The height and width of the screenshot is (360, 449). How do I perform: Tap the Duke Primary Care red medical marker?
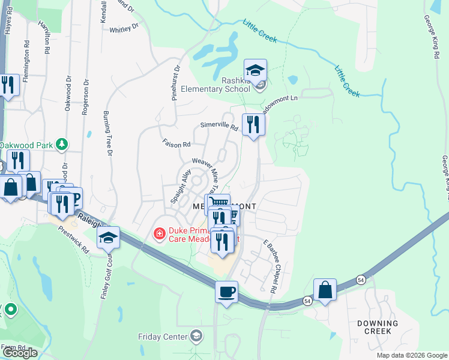tap(160, 233)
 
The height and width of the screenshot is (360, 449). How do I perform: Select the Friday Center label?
tap(163, 337)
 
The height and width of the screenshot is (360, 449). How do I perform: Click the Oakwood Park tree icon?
tap(61, 144)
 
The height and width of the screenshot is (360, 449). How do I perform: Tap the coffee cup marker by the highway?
tap(226, 292)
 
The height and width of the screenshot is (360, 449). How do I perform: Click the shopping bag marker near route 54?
tap(325, 290)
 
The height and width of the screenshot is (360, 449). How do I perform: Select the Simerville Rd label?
tap(219, 127)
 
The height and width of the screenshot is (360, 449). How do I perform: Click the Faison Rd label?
tap(176, 143)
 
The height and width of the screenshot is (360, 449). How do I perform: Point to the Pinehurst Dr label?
tap(176, 82)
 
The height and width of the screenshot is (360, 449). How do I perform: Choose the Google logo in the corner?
tap(20, 353)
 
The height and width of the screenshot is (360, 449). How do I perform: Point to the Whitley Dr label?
tap(124, 27)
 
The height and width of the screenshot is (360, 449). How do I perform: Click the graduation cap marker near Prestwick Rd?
tap(109, 239)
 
